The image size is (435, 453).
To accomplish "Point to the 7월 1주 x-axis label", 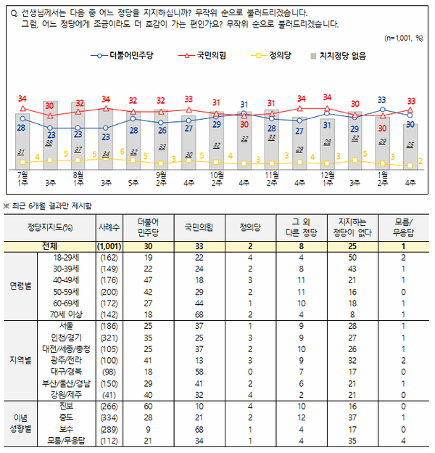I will (23, 179).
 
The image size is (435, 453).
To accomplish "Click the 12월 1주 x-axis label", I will (326, 179).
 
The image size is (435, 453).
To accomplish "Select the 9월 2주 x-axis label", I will (161, 179).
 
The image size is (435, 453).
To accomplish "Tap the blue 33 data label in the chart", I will (381, 100).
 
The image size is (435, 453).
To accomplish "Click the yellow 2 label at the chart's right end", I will (420, 161).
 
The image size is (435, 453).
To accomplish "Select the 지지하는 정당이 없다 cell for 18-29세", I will (353, 258).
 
